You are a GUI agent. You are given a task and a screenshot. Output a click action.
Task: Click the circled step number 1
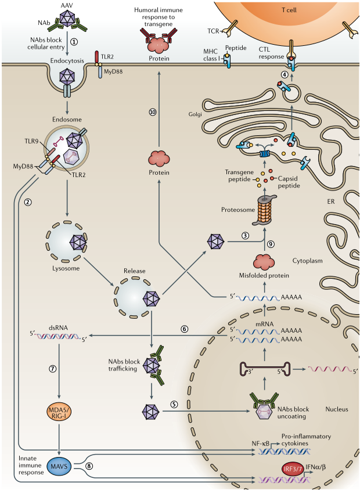74,42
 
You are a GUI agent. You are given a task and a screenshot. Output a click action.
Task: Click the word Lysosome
66,269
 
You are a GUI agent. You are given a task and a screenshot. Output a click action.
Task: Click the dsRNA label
59,328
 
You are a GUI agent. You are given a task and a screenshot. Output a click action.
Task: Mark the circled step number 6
185,329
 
